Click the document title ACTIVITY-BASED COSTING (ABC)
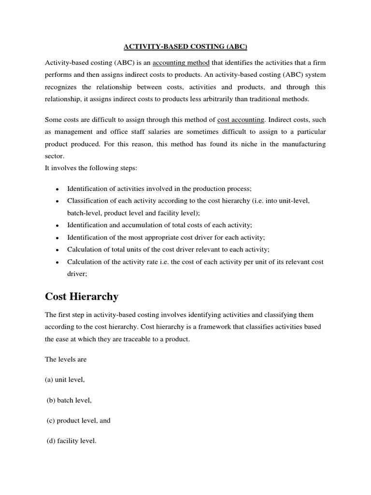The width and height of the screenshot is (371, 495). [x=185, y=46]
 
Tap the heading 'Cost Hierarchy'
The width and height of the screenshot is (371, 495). [x=81, y=296]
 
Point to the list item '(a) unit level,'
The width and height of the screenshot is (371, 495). [x=65, y=379]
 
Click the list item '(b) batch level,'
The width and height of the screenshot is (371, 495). [x=69, y=400]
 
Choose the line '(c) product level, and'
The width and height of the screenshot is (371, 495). [x=78, y=421]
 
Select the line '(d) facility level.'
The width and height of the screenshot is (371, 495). [x=71, y=441]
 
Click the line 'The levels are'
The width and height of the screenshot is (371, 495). [x=65, y=359]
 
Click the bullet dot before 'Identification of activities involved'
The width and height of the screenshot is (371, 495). [x=57, y=189]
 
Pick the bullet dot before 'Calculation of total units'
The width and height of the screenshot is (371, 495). [x=57, y=250]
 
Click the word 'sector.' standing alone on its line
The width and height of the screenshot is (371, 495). [x=55, y=157]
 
